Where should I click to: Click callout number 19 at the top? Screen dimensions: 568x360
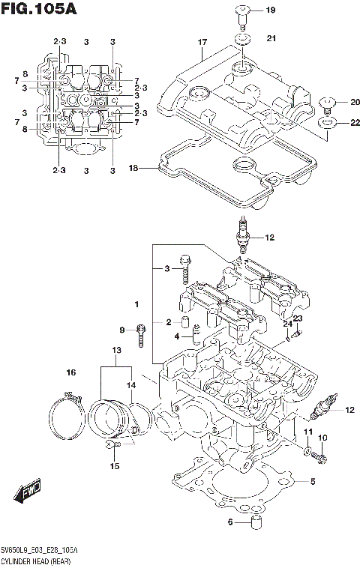(271, 10)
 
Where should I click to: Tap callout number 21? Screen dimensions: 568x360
(271, 37)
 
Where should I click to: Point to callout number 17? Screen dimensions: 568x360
(202, 43)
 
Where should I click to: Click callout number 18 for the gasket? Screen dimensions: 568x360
(133, 169)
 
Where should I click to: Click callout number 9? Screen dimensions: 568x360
(122, 330)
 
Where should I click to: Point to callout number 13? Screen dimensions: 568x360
(115, 351)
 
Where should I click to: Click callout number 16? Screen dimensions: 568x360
(71, 372)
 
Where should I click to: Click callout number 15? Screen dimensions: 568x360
(115, 467)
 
